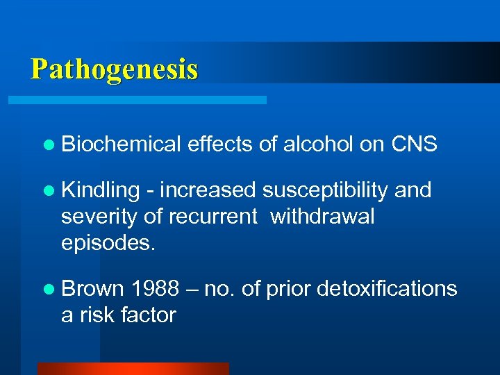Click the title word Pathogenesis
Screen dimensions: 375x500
pyautogui.click(x=115, y=69)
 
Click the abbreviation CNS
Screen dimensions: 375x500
pyautogui.click(x=414, y=144)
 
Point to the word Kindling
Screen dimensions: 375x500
pyautogui.click(x=100, y=190)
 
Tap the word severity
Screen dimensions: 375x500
pyautogui.click(x=99, y=217)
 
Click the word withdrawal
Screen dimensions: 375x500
pyautogui.click(x=322, y=217)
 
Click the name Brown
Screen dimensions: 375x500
pyautogui.click(x=92, y=288)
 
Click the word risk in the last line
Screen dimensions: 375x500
pyautogui.click(x=94, y=315)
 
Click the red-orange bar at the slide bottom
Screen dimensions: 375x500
pyautogui.click(x=133, y=369)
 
